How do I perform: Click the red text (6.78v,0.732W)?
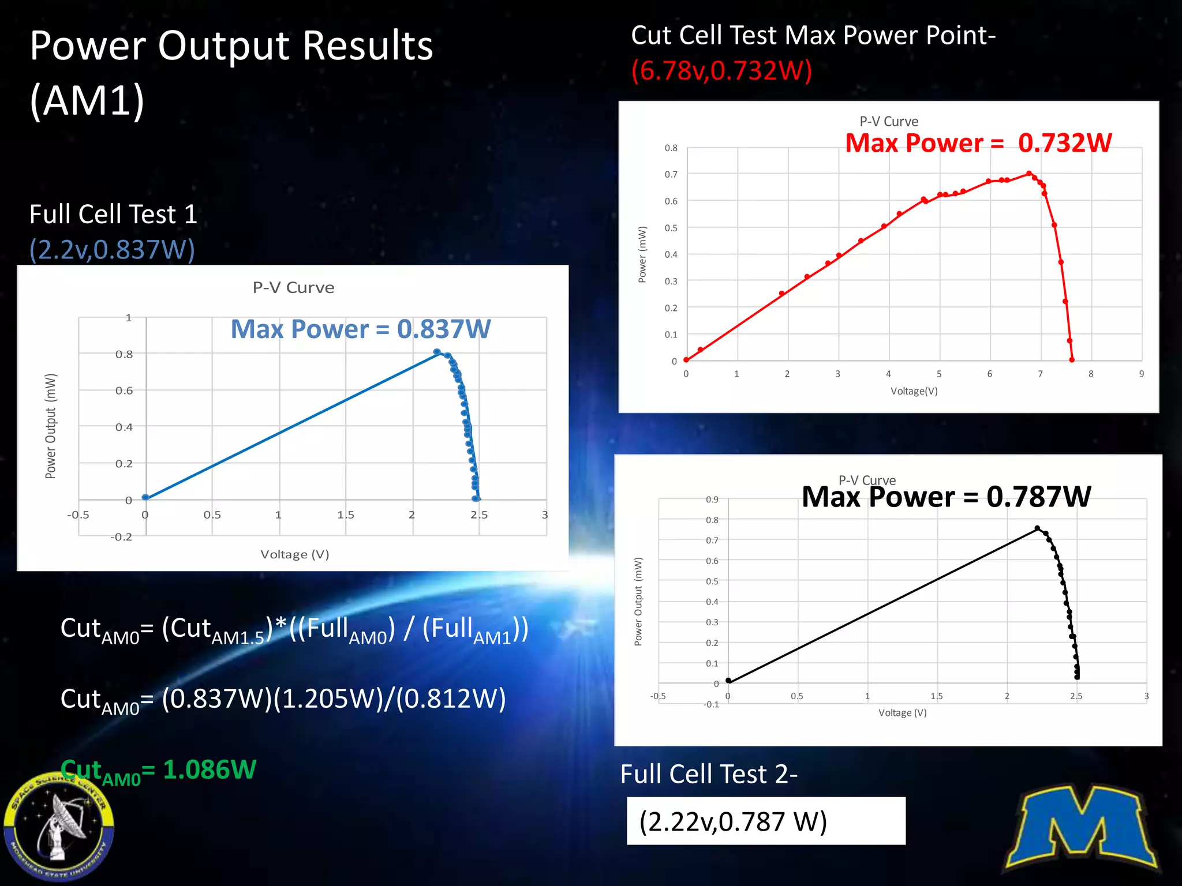point(721,71)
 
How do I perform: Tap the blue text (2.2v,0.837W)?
point(112,250)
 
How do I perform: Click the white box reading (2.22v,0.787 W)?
point(765,821)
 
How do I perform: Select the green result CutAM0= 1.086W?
point(158,770)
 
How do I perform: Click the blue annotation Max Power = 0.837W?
point(360,329)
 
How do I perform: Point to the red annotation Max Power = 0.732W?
point(978,143)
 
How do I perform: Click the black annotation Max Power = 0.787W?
point(946,497)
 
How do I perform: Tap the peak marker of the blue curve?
point(437,352)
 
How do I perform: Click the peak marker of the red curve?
point(1029,173)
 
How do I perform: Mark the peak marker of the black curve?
point(1037,528)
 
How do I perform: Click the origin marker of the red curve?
point(686,360)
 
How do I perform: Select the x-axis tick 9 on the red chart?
point(1141,374)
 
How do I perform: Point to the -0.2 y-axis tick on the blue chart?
point(121,537)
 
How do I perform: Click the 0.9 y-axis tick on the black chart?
point(712,500)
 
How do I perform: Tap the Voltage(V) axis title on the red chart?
point(914,391)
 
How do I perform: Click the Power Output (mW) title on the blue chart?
point(51,426)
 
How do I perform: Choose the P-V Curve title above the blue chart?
point(293,288)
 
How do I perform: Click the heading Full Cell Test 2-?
point(708,774)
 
